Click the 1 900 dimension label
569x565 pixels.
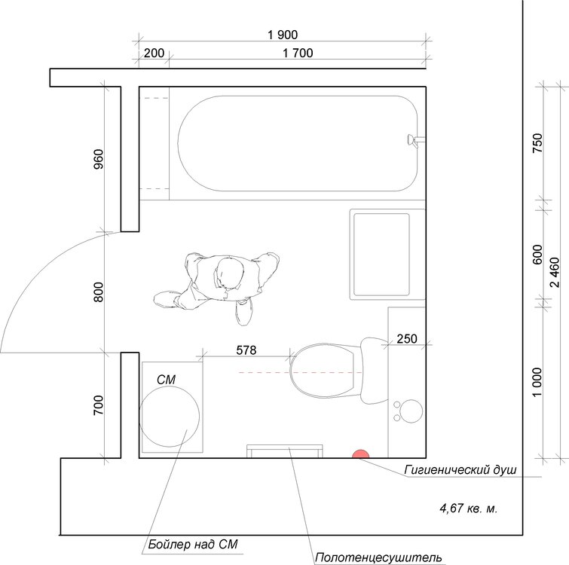(x=283, y=35)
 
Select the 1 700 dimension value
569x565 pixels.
(x=298, y=53)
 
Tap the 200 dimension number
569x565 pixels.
(x=154, y=53)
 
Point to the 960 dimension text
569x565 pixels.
(x=98, y=159)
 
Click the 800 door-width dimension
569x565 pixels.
(x=98, y=292)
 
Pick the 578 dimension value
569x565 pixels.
(x=246, y=350)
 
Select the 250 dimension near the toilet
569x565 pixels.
(x=407, y=339)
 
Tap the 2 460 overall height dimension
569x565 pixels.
(x=555, y=272)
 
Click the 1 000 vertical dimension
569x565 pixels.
(x=537, y=383)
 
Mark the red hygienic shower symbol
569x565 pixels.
(x=360, y=454)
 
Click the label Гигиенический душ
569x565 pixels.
(x=460, y=470)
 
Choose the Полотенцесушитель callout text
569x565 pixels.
(x=378, y=557)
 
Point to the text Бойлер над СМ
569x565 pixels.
(x=193, y=545)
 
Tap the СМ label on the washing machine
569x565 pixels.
(x=167, y=380)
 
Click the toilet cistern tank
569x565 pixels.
(x=374, y=371)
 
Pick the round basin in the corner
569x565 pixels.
(x=411, y=411)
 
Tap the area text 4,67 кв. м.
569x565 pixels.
(x=469, y=508)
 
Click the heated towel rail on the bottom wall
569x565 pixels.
(x=285, y=451)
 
